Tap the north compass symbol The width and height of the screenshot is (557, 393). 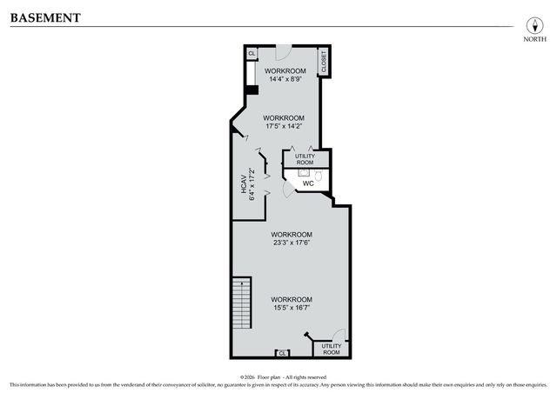pyautogui.click(x=528, y=23)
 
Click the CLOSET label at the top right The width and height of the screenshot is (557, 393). pyautogui.click(x=323, y=63)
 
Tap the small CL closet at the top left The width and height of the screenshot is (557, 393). pyautogui.click(x=251, y=53)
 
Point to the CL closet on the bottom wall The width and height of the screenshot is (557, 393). pyautogui.click(x=282, y=353)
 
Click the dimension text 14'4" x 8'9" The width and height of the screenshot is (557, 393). pyautogui.click(x=285, y=79)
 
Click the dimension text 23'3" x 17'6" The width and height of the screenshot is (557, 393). pyautogui.click(x=291, y=243)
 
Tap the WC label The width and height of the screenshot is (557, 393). pyautogui.click(x=307, y=183)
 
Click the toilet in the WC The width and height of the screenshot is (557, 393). pyautogui.click(x=319, y=176)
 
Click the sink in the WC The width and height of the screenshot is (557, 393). pyautogui.click(x=305, y=173)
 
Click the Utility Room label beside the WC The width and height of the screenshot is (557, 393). pyautogui.click(x=305, y=159)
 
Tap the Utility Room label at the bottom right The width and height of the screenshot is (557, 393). pyautogui.click(x=331, y=349)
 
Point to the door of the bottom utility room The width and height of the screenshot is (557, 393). pyautogui.click(x=340, y=335)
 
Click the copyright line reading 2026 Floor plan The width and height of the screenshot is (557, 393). pyautogui.click(x=278, y=376)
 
